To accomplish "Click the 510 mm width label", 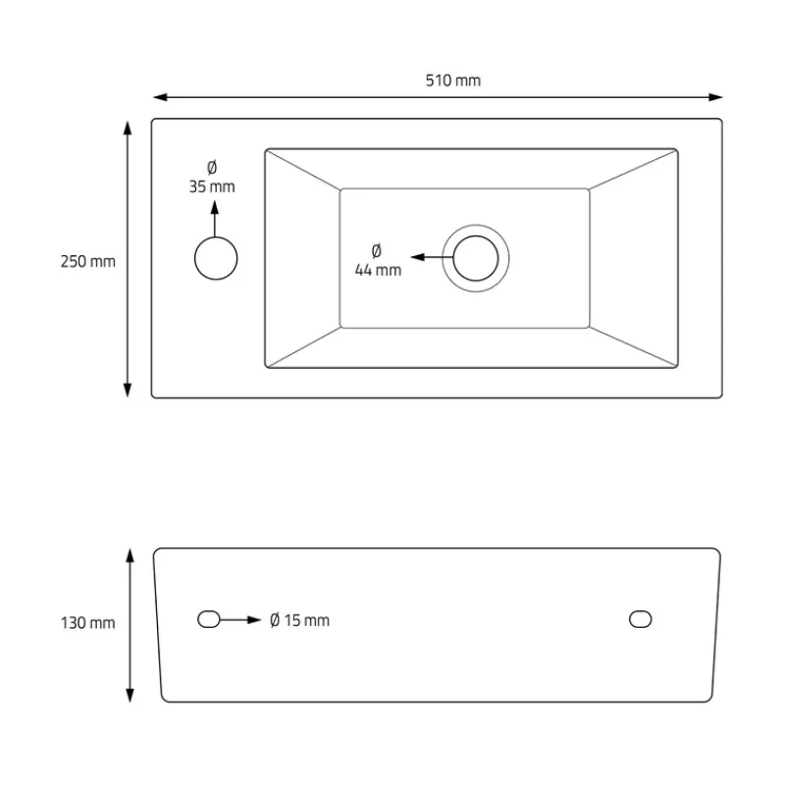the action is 453,80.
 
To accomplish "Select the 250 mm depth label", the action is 87,261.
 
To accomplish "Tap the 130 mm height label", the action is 87,623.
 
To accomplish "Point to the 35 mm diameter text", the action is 212,186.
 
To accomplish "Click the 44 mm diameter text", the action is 378,271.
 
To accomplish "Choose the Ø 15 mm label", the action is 299,620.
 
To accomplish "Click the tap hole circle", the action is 216,258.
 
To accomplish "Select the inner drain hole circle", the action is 476,258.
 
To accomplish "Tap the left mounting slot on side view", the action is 209,619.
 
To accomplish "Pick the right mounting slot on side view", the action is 641,619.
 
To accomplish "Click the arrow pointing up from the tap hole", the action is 215,219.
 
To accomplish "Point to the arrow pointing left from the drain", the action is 432,257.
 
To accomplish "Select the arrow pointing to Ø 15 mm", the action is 240,620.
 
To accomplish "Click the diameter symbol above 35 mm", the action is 212,167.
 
